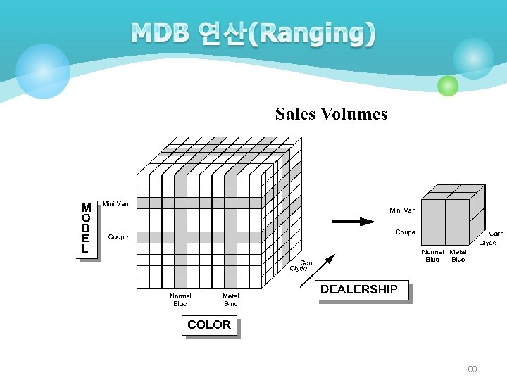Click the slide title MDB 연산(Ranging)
[x=253, y=33]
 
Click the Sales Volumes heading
[x=331, y=114]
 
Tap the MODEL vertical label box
[x=86, y=229]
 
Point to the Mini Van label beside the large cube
[x=115, y=204]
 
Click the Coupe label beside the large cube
[x=118, y=237]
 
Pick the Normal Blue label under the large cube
[x=180, y=300]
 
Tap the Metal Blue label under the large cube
[x=231, y=300]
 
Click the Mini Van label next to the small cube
[x=403, y=210]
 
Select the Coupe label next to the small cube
[x=406, y=232]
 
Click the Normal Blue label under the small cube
[x=433, y=255]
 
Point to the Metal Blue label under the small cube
[x=458, y=255]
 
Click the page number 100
[x=470, y=369]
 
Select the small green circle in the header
[x=448, y=86]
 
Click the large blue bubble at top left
[x=43, y=71]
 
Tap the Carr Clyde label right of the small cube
[x=490, y=238]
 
